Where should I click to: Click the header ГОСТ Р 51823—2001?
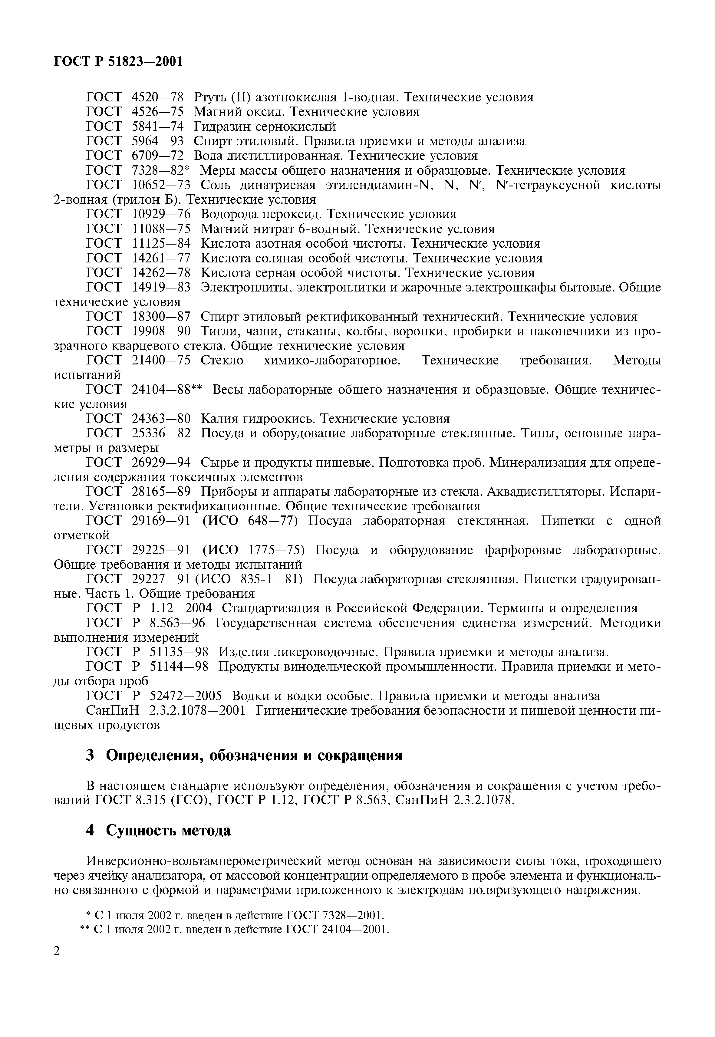[118, 61]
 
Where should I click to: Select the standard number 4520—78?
[158, 97]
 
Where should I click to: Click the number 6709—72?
[158, 156]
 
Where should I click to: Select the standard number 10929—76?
[161, 214]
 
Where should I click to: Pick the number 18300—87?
[161, 317]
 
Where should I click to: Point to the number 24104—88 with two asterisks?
[167, 390]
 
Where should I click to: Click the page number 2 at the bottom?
[56, 963]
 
